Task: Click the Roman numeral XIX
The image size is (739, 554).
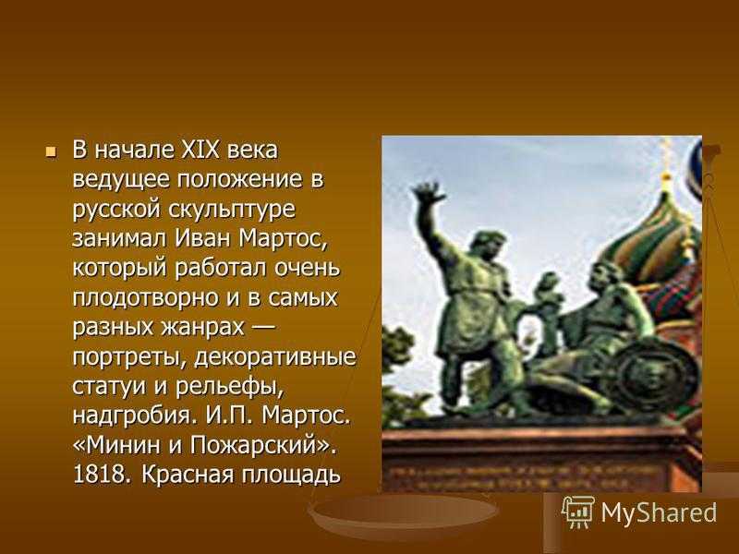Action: pos(200,151)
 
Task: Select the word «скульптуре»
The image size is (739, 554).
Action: pos(232,211)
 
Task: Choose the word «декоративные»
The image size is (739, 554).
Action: pos(275,357)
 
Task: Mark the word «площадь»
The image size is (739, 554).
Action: pos(291,476)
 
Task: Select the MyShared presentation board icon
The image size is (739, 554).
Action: pos(578,512)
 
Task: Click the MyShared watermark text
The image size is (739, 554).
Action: pos(659,512)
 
